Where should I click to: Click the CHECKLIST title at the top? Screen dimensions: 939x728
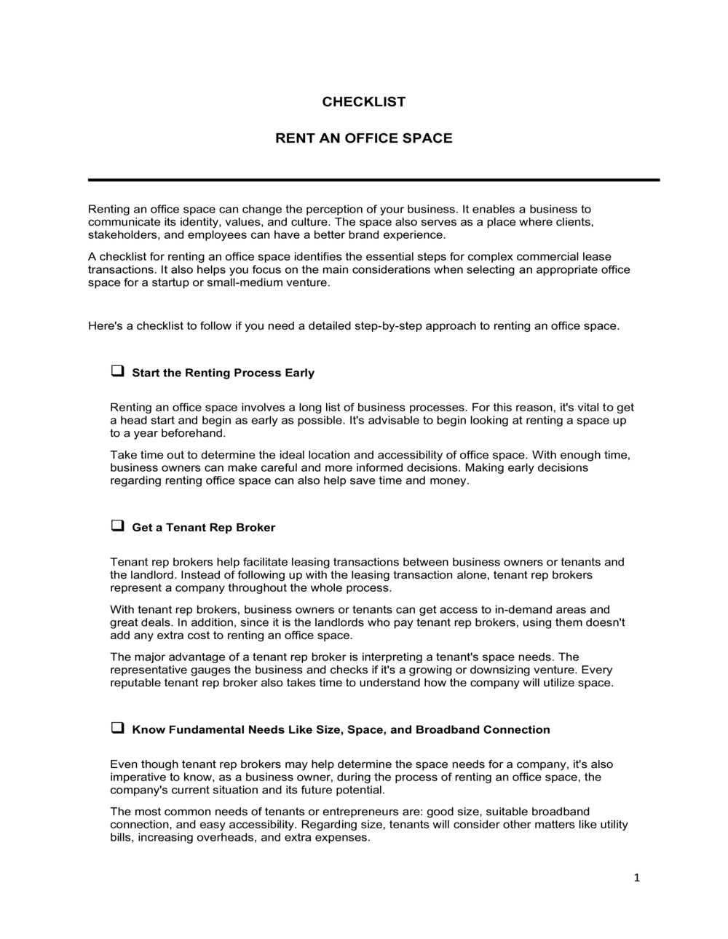(363, 102)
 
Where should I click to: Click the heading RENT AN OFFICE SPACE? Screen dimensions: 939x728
(363, 138)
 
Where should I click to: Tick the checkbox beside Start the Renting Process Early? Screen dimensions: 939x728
(116, 371)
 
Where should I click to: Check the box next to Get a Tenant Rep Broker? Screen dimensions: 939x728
(116, 526)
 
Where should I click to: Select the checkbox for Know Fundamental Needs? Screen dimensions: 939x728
(116, 728)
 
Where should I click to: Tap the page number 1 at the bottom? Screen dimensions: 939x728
(636, 879)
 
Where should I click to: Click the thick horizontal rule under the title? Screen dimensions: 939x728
(373, 180)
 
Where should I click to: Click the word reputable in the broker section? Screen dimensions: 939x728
(135, 683)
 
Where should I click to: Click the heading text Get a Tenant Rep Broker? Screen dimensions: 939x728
(203, 528)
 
